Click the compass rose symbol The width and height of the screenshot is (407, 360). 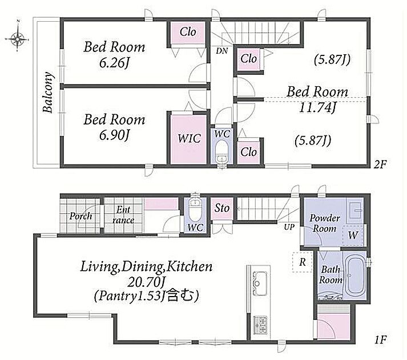[x=17, y=39]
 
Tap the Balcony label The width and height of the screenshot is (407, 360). [x=49, y=92]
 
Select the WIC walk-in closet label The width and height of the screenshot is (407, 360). [x=189, y=138]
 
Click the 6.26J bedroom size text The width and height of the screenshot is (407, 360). [x=114, y=63]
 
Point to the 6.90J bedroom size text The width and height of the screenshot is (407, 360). [x=114, y=135]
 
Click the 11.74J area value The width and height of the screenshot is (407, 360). [x=317, y=107]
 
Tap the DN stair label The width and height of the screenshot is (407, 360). [x=221, y=51]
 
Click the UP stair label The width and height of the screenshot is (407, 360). [x=289, y=227]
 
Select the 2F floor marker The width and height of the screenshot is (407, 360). [x=380, y=164]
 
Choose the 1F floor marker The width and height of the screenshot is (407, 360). [x=381, y=339]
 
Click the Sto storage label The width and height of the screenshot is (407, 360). [x=222, y=208]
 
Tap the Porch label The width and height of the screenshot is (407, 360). [x=80, y=216]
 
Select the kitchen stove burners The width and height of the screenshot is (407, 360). [x=261, y=325]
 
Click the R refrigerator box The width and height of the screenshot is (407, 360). [x=303, y=262]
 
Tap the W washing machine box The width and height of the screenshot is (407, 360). [x=353, y=235]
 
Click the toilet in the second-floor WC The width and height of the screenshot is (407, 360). [x=221, y=151]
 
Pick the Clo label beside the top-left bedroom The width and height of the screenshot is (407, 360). [x=188, y=32]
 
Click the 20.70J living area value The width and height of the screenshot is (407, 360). [x=147, y=282]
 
